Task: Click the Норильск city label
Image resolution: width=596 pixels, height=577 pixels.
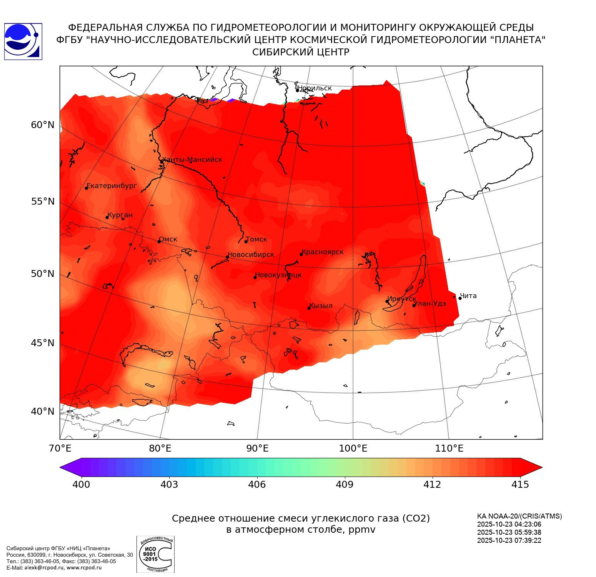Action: pyautogui.click(x=315, y=88)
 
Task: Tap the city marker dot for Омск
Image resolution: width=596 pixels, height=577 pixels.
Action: pyautogui.click(x=159, y=242)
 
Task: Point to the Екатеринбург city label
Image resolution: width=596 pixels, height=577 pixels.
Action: pyautogui.click(x=112, y=186)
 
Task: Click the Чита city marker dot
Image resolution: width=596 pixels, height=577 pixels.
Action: pyautogui.click(x=460, y=298)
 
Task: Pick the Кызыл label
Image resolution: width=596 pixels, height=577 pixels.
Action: pyautogui.click(x=321, y=306)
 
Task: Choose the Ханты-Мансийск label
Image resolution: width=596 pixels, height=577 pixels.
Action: pyautogui.click(x=192, y=160)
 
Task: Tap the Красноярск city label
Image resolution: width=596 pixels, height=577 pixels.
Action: pyautogui.click(x=323, y=252)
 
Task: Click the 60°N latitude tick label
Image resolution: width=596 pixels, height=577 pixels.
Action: pyautogui.click(x=43, y=125)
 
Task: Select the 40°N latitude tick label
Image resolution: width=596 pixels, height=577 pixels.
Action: pyautogui.click(x=43, y=411)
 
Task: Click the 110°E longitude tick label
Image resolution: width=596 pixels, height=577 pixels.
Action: pyautogui.click(x=449, y=448)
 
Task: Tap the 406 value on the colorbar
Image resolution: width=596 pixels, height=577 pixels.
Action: pyautogui.click(x=257, y=484)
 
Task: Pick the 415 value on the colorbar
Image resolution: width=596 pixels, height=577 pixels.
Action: pyautogui.click(x=520, y=484)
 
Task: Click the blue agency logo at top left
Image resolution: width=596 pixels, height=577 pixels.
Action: pyautogui.click(x=23, y=42)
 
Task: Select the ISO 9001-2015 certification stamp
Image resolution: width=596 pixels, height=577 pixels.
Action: pyautogui.click(x=155, y=554)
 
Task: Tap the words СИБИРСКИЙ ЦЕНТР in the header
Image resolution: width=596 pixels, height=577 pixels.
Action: pyautogui.click(x=301, y=52)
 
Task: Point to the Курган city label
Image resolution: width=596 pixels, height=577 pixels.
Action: pyautogui.click(x=120, y=215)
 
